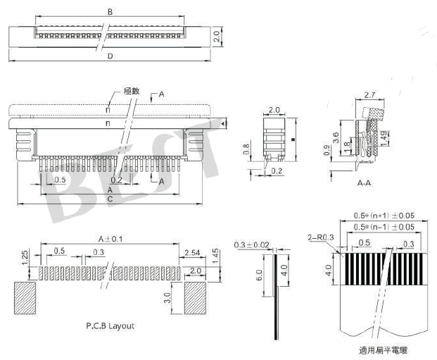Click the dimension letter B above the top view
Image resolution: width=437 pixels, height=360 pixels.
(x=110, y=12)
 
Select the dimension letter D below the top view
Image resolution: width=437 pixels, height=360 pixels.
(x=110, y=56)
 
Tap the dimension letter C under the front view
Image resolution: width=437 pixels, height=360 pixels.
(x=110, y=199)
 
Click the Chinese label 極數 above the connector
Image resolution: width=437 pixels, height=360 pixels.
(x=132, y=91)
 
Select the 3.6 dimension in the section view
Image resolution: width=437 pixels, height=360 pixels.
(x=336, y=138)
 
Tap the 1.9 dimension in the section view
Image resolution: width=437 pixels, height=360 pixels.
(x=383, y=135)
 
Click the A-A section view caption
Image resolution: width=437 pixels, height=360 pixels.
(x=365, y=182)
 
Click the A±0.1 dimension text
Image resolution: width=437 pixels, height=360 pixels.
(x=108, y=240)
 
